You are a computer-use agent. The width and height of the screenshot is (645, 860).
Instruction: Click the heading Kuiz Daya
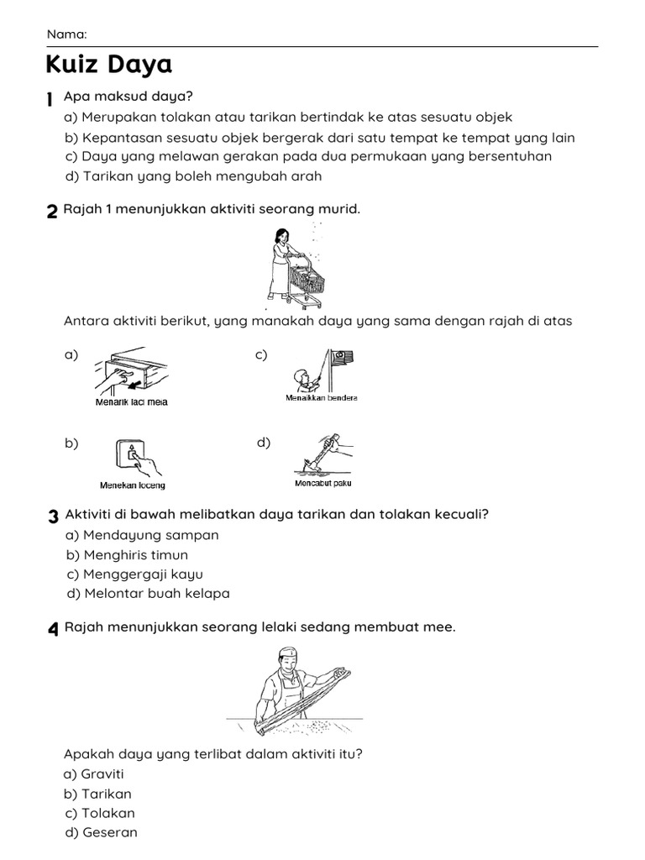108,65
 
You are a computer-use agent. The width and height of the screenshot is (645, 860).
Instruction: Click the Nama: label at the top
66,34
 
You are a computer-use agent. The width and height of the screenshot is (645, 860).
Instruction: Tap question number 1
50,99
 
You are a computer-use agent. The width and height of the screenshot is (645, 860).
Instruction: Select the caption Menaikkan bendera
321,398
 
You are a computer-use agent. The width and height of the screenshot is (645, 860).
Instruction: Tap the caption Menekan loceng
133,485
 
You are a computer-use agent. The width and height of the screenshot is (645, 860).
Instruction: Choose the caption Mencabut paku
323,484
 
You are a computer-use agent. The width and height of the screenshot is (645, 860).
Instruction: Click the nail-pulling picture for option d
323,454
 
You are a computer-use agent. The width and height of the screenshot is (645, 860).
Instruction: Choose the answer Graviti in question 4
102,774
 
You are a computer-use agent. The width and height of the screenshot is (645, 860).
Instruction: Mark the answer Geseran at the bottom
109,833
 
